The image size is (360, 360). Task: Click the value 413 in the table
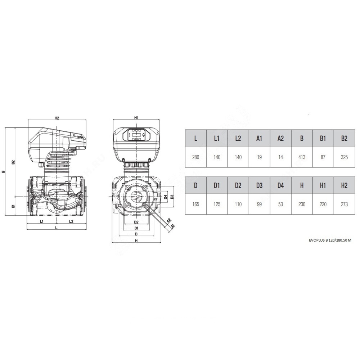[x=302, y=157]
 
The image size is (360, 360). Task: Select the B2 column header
[x=344, y=138]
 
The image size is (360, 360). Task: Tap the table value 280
[x=195, y=157]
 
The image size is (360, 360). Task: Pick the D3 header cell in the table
[x=259, y=185]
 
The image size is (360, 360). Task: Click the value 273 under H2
[x=344, y=204]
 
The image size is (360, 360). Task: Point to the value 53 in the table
[x=280, y=204]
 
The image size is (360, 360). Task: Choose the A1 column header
[x=259, y=138]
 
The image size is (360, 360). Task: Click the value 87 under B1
[x=323, y=157]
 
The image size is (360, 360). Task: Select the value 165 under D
[x=195, y=204]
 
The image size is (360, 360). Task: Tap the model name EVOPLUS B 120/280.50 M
[x=330, y=240]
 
